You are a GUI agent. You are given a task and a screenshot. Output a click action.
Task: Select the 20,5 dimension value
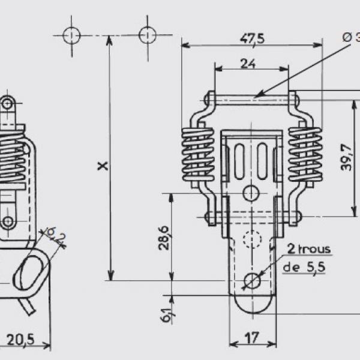click(x=21, y=340)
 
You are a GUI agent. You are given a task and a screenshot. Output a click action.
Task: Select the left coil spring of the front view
click(x=197, y=155)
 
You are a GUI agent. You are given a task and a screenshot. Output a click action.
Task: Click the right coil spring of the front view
click(x=305, y=155)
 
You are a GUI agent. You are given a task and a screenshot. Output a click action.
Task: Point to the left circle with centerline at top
click(x=71, y=35)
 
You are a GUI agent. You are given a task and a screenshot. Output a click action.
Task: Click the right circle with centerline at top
click(x=148, y=35)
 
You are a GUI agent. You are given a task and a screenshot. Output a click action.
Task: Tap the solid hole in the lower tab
click(x=252, y=280)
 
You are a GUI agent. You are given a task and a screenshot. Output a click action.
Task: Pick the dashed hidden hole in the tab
click(x=252, y=240)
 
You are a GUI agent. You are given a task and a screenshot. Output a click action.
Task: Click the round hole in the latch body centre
click(x=252, y=193)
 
